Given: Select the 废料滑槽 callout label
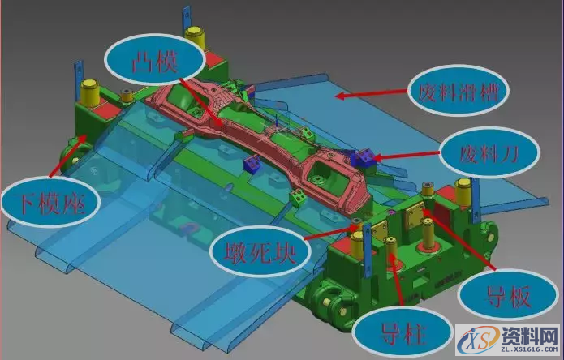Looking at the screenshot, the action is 459,91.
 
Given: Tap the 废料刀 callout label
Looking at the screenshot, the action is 489,152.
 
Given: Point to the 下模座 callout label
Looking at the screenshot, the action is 50,202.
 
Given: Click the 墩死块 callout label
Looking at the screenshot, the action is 260,252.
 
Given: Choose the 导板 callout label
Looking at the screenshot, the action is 508,295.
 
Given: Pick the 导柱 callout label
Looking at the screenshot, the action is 403,332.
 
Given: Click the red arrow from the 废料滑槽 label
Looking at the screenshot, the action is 372,93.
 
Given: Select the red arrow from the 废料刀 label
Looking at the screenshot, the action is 406,155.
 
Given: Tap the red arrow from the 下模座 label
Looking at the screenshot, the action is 67,156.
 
